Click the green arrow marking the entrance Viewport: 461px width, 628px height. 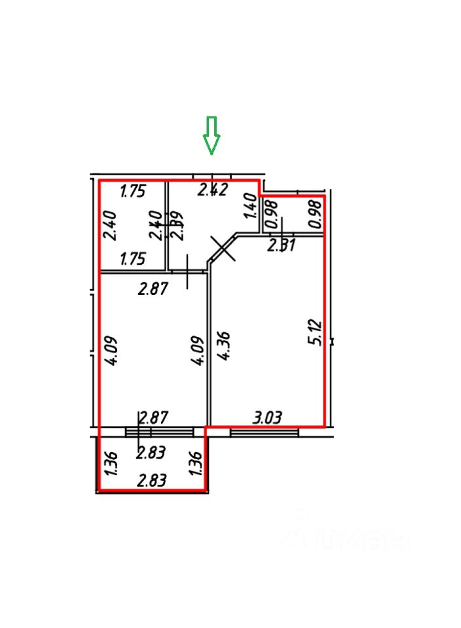tap(211, 135)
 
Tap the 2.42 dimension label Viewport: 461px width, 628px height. tap(213, 190)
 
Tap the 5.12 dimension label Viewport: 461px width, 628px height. tap(316, 332)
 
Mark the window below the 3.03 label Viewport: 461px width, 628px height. tap(264, 432)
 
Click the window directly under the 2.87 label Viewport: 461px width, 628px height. tap(159, 432)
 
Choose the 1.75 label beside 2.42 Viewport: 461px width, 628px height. tap(132, 192)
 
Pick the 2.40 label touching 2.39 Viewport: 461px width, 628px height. tap(156, 226)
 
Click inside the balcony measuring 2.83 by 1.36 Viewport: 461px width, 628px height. tap(151, 466)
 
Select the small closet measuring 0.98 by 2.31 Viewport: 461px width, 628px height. tap(293, 215)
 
